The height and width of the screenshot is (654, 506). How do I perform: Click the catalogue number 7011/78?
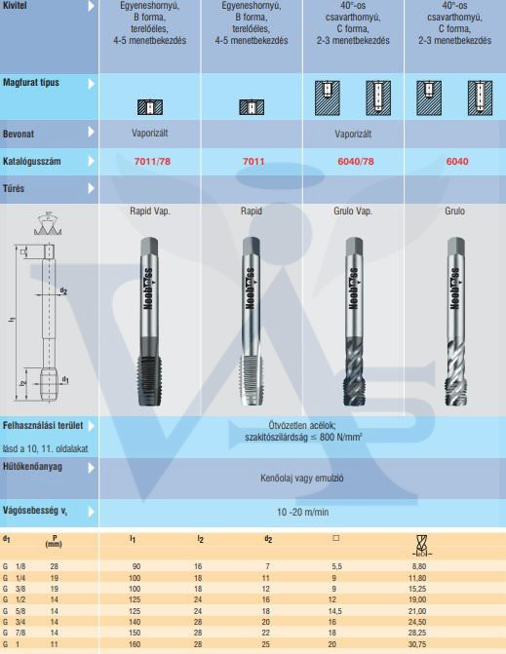(152, 162)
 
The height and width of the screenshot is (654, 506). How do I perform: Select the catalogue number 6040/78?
(356, 162)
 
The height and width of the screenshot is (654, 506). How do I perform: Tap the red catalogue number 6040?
(457, 162)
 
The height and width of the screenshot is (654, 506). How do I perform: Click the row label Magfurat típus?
(31, 82)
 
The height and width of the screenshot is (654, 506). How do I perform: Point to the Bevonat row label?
(19, 135)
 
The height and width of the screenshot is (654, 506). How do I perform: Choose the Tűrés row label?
(14, 188)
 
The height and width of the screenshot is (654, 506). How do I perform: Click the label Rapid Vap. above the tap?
(150, 212)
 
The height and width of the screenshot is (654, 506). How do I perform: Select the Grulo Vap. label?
(353, 212)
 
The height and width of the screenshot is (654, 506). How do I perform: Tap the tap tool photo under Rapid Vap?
(149, 322)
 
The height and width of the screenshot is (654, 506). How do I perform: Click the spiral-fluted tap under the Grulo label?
(455, 322)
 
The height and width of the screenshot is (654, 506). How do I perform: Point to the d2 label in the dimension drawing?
(63, 290)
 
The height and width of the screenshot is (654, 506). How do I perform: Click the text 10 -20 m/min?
(302, 513)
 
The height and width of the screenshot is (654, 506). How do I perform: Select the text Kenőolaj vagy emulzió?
(302, 478)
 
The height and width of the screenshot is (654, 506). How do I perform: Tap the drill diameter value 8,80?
(417, 566)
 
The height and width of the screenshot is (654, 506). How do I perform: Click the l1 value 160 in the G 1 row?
(135, 644)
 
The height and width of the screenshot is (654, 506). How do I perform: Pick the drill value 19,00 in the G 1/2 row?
(417, 599)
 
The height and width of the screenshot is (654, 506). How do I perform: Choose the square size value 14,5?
(334, 611)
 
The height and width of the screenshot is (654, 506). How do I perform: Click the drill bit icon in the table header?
(422, 546)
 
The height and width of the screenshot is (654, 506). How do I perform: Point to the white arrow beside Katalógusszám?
(91, 161)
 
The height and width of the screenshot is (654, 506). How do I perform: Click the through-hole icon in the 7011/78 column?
(150, 107)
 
